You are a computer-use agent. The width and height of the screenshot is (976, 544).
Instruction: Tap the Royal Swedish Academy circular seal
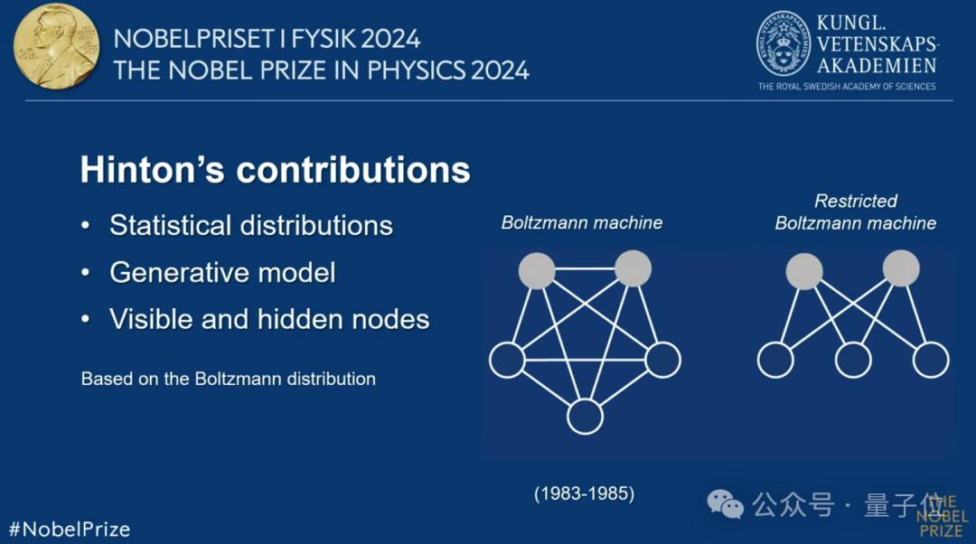pos(784,43)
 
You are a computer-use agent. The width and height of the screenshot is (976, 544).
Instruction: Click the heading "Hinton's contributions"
pos(275,170)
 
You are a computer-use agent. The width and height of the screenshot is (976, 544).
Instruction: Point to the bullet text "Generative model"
pos(222,273)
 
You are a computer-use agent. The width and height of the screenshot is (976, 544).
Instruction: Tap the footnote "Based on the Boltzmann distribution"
pos(229,379)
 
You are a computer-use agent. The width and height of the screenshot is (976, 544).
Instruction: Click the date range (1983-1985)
pos(585,493)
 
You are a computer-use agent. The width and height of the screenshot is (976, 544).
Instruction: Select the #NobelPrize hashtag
pos(70,530)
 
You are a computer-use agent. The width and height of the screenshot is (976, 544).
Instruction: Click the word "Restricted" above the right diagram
pos(856,201)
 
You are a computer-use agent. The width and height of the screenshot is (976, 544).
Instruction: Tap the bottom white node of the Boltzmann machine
pos(585,417)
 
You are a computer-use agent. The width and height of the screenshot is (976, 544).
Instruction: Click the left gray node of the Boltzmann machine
pos(537,271)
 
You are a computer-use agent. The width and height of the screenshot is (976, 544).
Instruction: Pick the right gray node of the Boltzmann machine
pos(633,269)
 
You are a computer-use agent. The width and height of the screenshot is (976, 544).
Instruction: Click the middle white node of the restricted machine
pos(853,360)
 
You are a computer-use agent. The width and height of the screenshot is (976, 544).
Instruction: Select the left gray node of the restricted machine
pos(804,271)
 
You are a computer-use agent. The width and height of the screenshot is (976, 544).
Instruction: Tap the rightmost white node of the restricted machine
pos(931,360)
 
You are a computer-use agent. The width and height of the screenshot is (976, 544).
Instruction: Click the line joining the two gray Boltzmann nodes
pos(585,269)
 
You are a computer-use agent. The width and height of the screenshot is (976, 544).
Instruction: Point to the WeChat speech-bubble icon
pos(725,504)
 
